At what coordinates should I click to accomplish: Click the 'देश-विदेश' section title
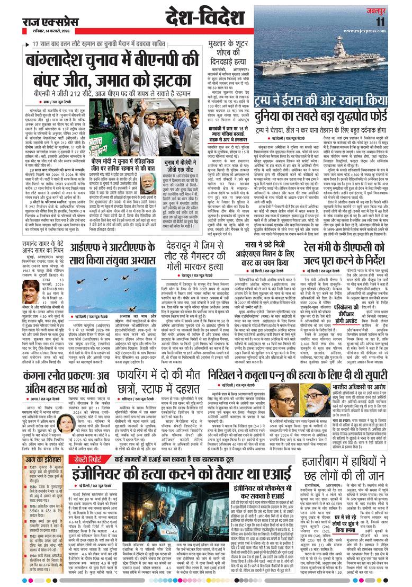(201, 17)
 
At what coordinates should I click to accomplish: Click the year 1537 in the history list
(34, 476)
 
